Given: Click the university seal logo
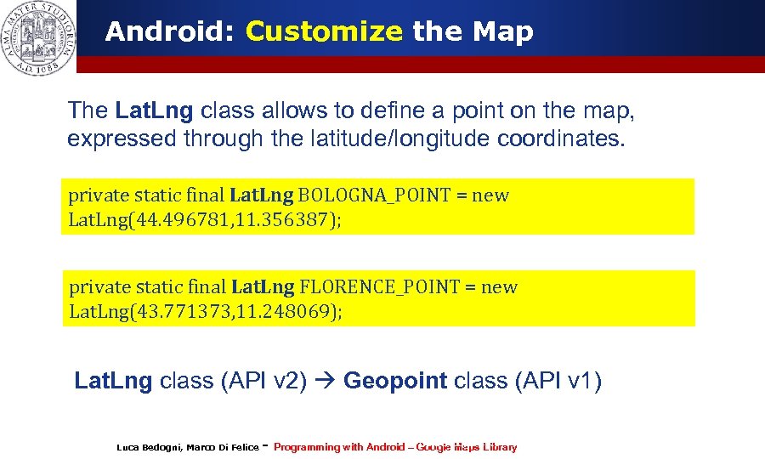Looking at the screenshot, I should [37, 37].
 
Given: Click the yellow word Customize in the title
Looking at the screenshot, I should [324, 32].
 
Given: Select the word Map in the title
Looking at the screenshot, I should [503, 32].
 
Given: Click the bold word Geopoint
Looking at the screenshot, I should [395, 380].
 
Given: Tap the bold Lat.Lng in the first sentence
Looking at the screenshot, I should [154, 110].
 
